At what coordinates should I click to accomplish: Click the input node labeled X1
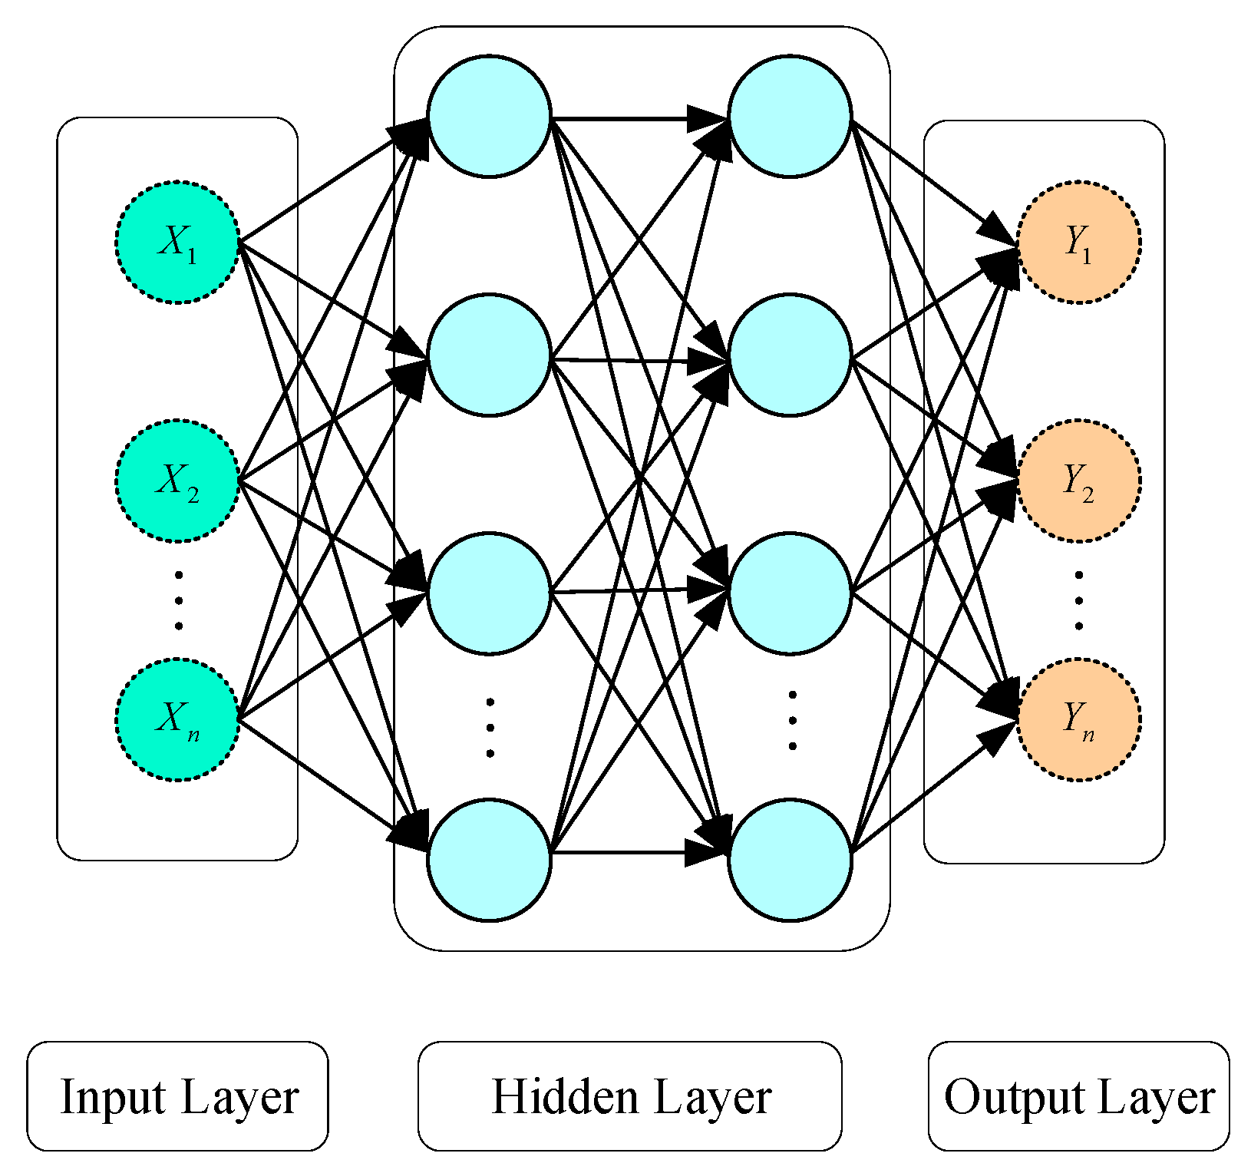pos(178,243)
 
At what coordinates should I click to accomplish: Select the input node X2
pos(178,481)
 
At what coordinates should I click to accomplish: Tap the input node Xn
pos(178,719)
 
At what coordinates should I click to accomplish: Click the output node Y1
pos(1078,243)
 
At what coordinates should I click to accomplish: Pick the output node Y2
pos(1078,481)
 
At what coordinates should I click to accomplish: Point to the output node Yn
pos(1078,719)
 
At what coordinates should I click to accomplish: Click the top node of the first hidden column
pos(489,117)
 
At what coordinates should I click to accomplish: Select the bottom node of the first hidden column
pos(489,860)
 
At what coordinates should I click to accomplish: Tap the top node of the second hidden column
pos(790,117)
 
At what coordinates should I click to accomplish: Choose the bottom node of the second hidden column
pos(790,860)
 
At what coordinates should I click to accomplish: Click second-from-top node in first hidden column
pos(489,355)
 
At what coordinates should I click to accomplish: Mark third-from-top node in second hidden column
pos(790,593)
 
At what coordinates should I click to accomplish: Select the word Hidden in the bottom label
pos(563,1096)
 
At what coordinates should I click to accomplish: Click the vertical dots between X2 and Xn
pos(178,600)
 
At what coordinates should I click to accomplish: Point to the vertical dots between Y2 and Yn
pos(1078,600)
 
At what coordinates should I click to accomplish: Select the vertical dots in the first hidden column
pos(490,727)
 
